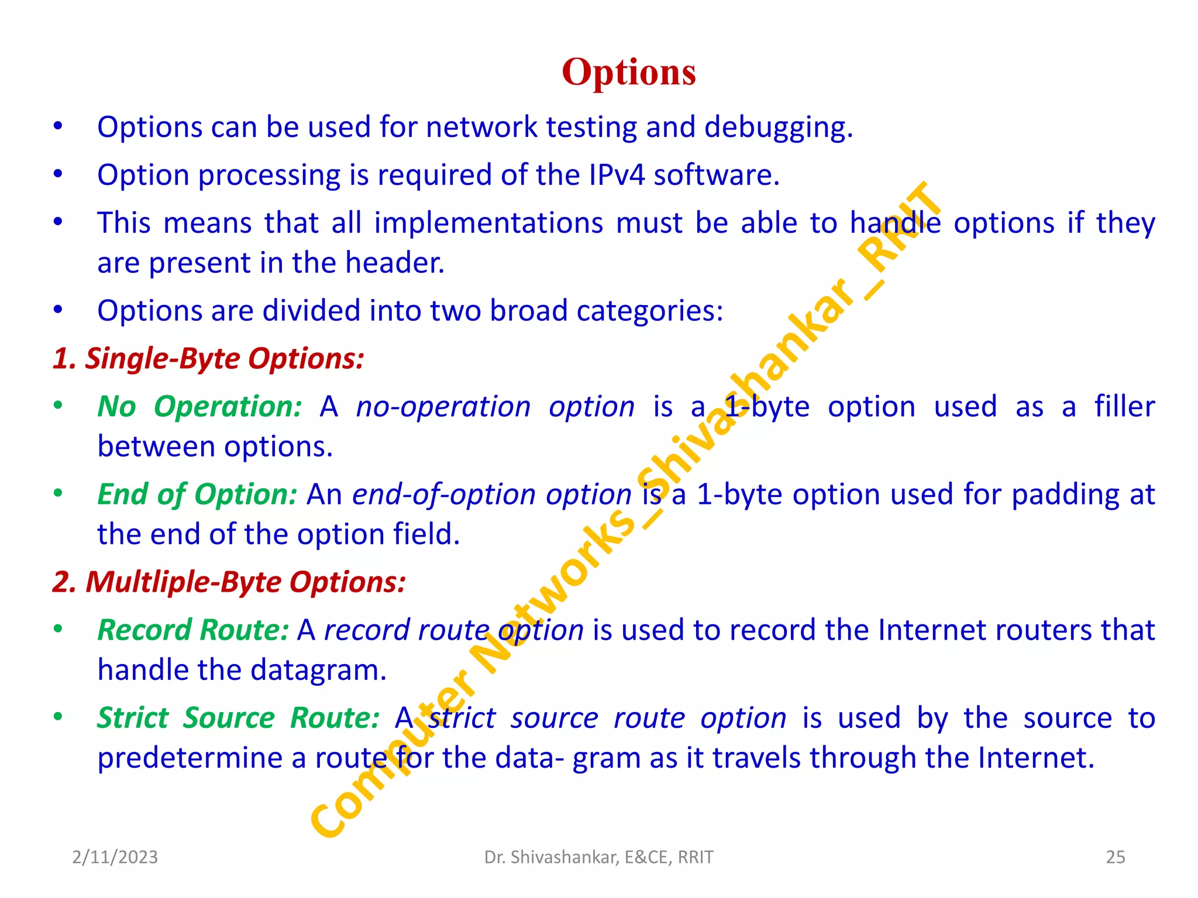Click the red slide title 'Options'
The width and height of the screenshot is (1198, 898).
click(629, 72)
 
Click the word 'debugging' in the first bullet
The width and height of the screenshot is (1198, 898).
click(778, 127)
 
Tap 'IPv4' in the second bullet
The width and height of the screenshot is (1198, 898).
click(617, 175)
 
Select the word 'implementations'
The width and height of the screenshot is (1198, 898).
click(488, 223)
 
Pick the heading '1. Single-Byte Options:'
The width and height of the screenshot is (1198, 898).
click(208, 358)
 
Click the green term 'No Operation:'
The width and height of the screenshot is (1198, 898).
click(199, 406)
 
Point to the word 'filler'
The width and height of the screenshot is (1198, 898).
click(1124, 406)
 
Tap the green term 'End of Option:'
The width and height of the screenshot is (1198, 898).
click(198, 495)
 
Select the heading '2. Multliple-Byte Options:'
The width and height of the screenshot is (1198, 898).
click(229, 582)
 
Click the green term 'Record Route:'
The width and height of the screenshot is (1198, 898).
click(193, 630)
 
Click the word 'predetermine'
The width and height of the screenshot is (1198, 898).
click(193, 758)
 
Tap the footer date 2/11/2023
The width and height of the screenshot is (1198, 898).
click(115, 857)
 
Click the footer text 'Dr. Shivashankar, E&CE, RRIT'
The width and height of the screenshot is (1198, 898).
click(598, 857)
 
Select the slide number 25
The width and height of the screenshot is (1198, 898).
click(1116, 857)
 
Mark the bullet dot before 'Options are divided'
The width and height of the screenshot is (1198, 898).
click(57, 310)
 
